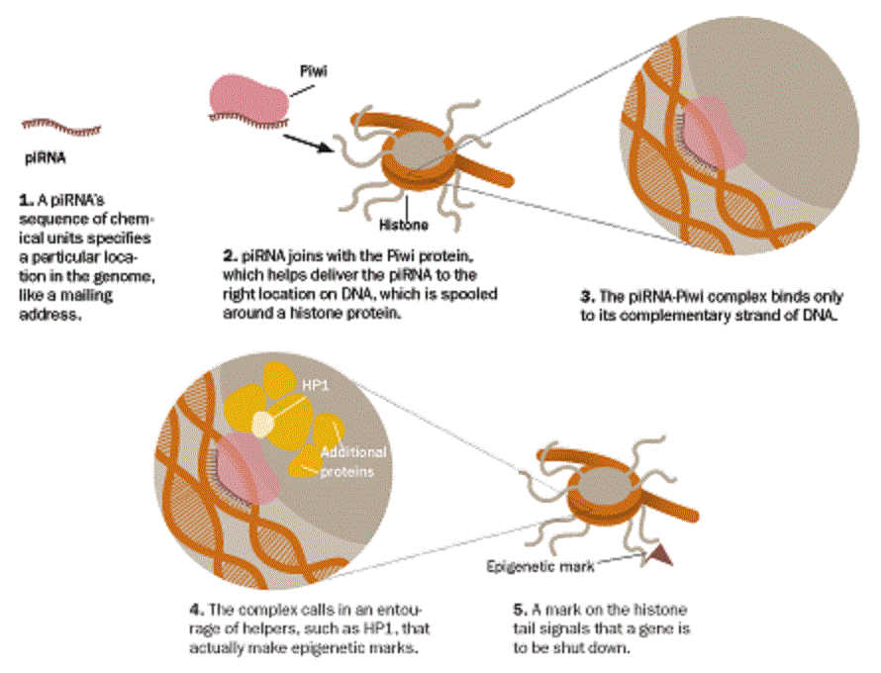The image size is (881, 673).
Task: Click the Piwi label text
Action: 313,71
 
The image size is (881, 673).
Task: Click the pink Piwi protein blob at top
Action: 246,95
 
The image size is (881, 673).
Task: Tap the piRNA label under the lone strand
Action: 44,156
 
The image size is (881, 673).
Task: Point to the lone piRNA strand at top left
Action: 60,125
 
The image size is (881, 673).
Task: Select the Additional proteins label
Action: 351,461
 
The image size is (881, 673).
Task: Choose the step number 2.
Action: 228,253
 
